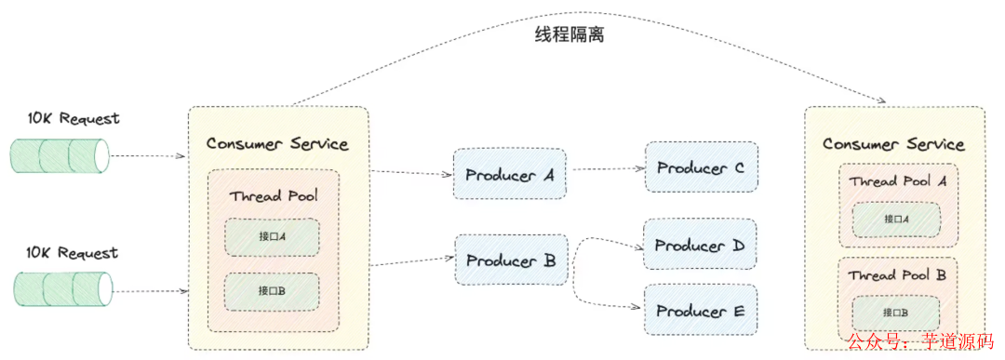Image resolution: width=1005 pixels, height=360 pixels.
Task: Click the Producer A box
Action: (510, 173)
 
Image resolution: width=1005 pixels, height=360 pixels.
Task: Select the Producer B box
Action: (510, 260)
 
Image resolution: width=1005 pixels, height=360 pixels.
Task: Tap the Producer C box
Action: (701, 167)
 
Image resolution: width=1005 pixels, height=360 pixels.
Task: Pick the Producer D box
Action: (701, 246)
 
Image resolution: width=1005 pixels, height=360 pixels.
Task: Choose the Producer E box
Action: (701, 311)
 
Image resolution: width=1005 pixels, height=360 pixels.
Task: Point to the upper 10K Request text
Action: (74, 119)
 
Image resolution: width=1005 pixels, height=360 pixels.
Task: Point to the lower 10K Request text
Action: (74, 253)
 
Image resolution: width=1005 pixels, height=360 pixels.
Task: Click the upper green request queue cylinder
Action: (60, 155)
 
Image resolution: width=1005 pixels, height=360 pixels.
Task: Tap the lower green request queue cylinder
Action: (61, 289)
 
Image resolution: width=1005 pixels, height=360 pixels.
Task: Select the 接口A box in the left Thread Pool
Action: (272, 237)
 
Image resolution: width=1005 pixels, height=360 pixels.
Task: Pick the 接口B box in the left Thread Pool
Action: (272, 291)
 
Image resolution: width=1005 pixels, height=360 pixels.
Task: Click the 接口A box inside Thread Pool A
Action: (896, 220)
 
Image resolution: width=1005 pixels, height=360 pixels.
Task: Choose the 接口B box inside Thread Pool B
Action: (896, 312)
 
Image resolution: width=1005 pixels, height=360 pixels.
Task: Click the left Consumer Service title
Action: (277, 143)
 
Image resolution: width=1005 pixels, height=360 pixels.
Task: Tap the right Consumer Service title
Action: (893, 144)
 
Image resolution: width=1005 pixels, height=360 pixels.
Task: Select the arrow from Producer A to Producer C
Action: (606, 170)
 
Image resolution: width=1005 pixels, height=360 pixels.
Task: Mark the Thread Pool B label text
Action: (897, 275)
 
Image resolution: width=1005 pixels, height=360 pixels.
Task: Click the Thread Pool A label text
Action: (897, 181)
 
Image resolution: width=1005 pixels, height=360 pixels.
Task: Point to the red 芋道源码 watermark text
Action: (958, 342)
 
